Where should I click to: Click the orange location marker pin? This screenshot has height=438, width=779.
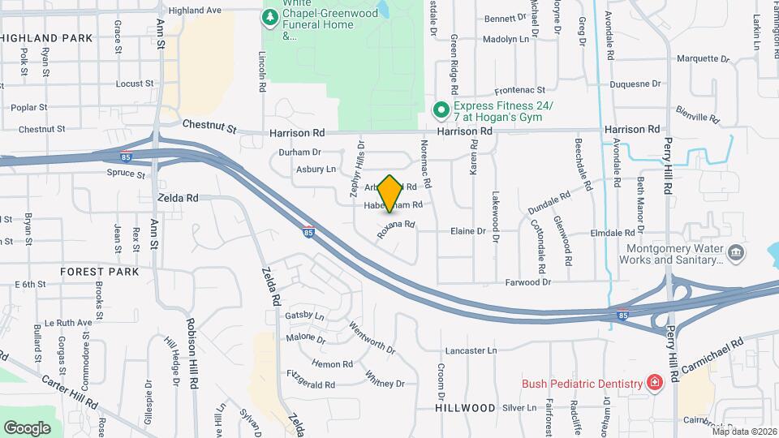pyautogui.click(x=389, y=193)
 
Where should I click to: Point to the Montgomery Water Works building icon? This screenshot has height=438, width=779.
pyautogui.click(x=735, y=252)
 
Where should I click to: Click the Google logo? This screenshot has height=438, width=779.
pyautogui.click(x=28, y=427)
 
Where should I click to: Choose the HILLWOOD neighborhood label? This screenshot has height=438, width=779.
pyautogui.click(x=465, y=407)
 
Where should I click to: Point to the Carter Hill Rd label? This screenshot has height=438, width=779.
pyautogui.click(x=69, y=392)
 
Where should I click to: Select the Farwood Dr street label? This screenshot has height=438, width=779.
pyautogui.click(x=527, y=282)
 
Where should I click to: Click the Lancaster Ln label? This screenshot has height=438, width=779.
pyautogui.click(x=471, y=350)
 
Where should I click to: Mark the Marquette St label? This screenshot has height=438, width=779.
pyautogui.click(x=703, y=58)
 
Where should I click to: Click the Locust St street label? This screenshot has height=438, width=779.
pyautogui.click(x=135, y=84)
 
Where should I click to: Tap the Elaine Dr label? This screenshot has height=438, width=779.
pyautogui.click(x=468, y=231)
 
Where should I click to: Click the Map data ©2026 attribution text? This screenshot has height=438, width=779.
pyautogui.click(x=744, y=431)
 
